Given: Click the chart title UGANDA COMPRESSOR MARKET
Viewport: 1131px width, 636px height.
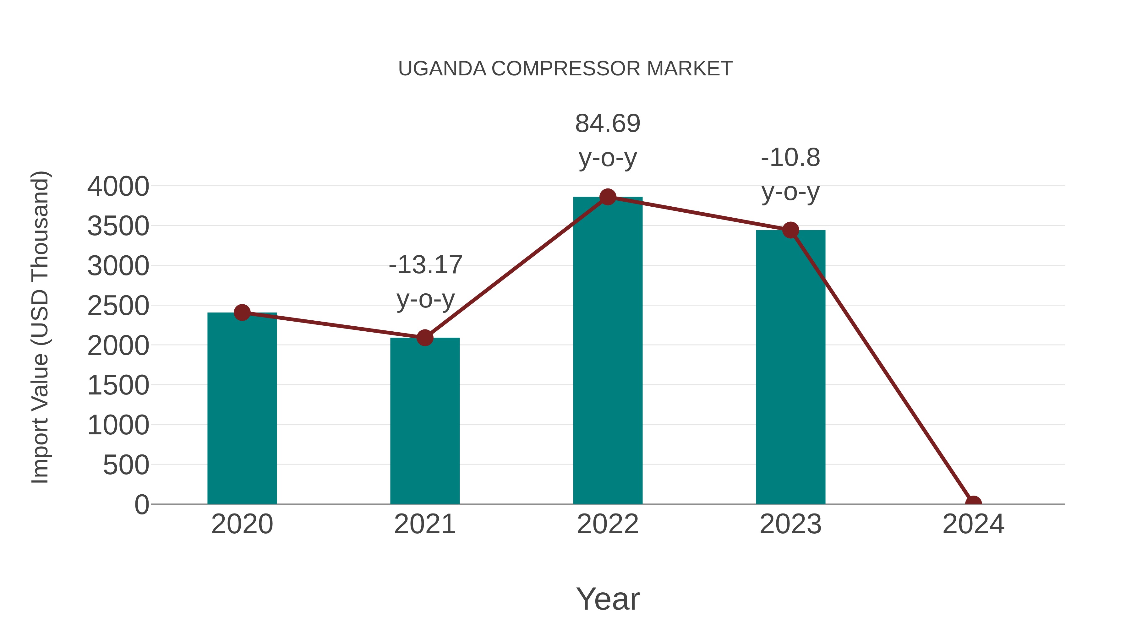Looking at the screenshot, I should coord(565,69).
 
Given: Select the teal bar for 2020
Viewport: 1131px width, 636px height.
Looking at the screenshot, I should coord(242,408).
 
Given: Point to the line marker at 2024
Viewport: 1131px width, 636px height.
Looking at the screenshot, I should coord(973,503).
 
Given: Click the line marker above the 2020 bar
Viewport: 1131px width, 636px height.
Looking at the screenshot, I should coord(242,313).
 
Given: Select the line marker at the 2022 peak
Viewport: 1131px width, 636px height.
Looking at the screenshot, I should coord(608,197).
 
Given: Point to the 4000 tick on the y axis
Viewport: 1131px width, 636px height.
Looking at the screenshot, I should coord(118,187).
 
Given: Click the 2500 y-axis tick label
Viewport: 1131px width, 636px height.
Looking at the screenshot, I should coord(118,306).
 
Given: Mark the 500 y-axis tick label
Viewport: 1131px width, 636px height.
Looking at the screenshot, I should coord(126,465).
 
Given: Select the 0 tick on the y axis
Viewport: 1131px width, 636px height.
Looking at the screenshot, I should coord(142,505).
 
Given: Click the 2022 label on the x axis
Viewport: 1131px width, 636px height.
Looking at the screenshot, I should coord(608,524).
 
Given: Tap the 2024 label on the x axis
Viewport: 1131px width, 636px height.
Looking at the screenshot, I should coord(973,524).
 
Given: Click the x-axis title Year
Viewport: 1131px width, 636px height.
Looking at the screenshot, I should coord(608,599).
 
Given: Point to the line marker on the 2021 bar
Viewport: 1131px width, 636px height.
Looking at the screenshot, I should coord(424,338).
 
